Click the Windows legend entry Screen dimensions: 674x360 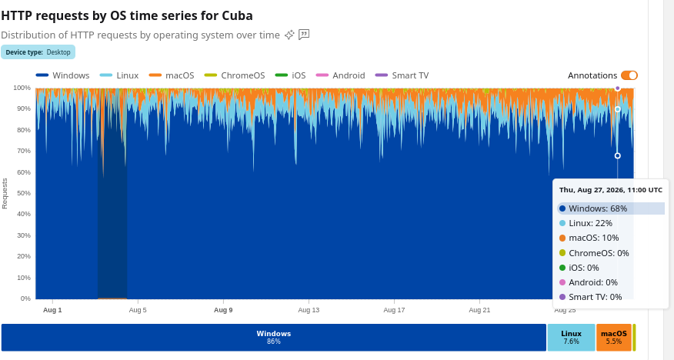[x=63, y=75]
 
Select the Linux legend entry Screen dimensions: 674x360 [x=119, y=75]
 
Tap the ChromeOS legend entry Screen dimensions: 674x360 [x=234, y=75]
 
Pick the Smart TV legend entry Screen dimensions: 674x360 [x=402, y=75]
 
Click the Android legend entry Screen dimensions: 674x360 [x=340, y=75]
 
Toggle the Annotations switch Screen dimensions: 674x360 [x=629, y=75]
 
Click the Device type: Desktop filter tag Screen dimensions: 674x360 [x=38, y=52]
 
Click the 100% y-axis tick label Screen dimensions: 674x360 [x=22, y=88]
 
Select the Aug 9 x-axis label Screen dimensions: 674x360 [x=223, y=310]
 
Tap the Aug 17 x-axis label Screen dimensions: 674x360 [x=394, y=310]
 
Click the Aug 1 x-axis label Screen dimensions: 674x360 [x=52, y=310]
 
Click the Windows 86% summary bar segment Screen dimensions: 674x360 [x=274, y=337]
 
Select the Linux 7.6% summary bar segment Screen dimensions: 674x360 [x=571, y=337]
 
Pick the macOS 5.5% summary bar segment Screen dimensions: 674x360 [x=614, y=337]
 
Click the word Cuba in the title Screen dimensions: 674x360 [x=237, y=15]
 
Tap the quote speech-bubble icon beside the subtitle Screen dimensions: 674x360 [x=304, y=35]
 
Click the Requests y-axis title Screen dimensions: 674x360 [x=5, y=193]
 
